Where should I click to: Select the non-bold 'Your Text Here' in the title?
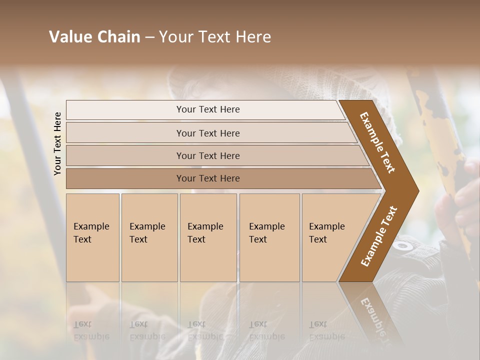214,37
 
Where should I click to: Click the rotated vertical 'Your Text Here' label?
58,143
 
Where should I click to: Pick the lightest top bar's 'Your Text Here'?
208,109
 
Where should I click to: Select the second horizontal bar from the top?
208,133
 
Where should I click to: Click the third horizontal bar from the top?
208,156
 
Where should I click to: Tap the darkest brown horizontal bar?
208,178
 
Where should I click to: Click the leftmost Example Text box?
92,237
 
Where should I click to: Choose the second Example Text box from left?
149,237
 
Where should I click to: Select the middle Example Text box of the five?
208,237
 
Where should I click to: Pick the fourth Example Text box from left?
269,237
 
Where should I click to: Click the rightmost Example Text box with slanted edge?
330,237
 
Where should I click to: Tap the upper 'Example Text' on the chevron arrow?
377,143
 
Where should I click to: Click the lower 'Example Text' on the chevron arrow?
378,236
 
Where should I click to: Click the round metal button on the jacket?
402,246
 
